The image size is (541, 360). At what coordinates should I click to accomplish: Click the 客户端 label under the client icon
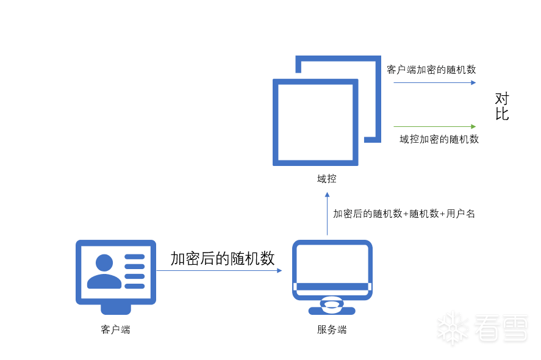pyautogui.click(x=115, y=329)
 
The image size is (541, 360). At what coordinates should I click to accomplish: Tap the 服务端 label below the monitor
pyautogui.click(x=332, y=329)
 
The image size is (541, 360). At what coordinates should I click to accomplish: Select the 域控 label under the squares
pyautogui.click(x=327, y=179)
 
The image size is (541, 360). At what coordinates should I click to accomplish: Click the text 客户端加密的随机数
pyautogui.click(x=431, y=70)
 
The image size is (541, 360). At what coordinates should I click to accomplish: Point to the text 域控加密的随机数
pyautogui.click(x=439, y=139)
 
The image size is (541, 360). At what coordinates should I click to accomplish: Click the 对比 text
pyautogui.click(x=502, y=106)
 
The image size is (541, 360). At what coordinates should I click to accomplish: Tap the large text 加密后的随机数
pyautogui.click(x=223, y=258)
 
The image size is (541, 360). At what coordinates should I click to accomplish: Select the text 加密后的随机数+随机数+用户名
pyautogui.click(x=404, y=214)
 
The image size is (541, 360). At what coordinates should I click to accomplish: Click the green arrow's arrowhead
pyautogui.click(x=473, y=127)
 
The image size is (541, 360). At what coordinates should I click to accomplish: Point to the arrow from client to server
pyautogui.click(x=219, y=270)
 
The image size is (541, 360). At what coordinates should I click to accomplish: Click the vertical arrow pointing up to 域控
pyautogui.click(x=327, y=214)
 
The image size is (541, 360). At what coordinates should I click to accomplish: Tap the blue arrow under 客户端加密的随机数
pyautogui.click(x=435, y=82)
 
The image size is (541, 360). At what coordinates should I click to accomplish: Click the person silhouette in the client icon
pyautogui.click(x=104, y=272)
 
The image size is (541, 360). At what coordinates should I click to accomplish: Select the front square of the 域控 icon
pyautogui.click(x=276, y=123)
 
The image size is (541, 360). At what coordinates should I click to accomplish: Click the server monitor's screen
pyautogui.click(x=332, y=264)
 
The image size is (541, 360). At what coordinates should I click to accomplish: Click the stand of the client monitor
pyautogui.click(x=116, y=309)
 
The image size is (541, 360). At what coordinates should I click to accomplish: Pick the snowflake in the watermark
pyautogui.click(x=453, y=328)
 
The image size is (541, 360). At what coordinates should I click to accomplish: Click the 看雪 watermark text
pyautogui.click(x=501, y=328)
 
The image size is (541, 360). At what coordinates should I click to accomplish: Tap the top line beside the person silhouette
pyautogui.click(x=135, y=257)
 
